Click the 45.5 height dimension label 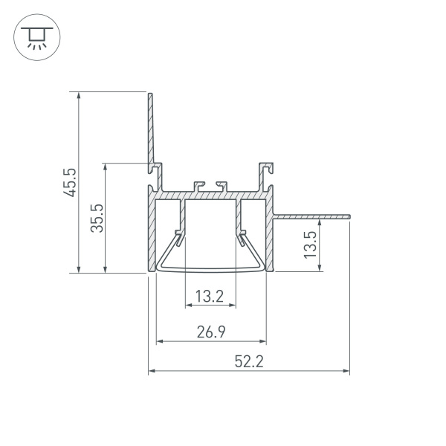pos(69,182)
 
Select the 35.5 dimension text pos(96,218)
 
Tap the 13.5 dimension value pos(311,245)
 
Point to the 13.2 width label pos(210,297)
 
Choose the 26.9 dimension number pos(211,333)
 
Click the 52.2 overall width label pos(250,362)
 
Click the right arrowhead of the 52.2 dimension pos(346,370)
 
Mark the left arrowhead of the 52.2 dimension pos(152,370)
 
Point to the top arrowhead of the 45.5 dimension pos(78,96)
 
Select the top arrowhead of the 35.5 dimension pos(106,167)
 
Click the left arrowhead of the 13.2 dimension pos(187,305)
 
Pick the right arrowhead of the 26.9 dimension pos(263,342)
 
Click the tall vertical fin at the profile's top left pos(150,130)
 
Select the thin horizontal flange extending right pos(312,216)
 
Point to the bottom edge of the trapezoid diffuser pos(210,271)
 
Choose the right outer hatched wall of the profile pos(270,238)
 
